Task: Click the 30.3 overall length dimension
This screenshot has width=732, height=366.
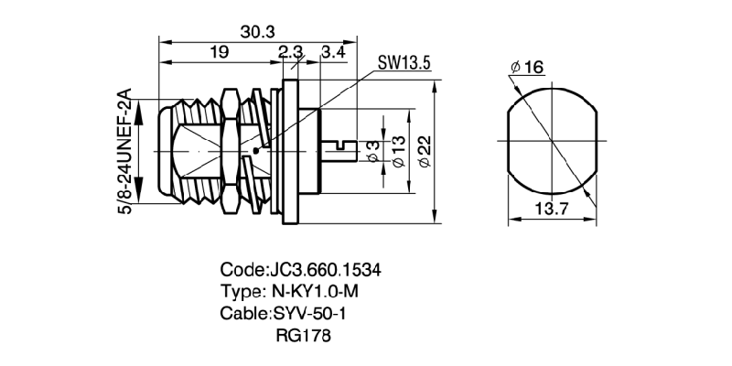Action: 258,31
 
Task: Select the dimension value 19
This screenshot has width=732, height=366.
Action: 218,53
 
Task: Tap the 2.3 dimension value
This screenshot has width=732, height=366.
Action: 291,53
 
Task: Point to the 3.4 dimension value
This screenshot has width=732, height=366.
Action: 333,53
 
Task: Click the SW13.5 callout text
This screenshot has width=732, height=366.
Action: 404,65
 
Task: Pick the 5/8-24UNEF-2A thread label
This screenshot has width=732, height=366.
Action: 127,152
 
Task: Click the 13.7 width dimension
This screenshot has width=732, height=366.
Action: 551,209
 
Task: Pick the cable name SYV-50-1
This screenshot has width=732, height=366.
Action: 311,314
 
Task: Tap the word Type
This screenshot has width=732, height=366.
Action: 240,292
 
